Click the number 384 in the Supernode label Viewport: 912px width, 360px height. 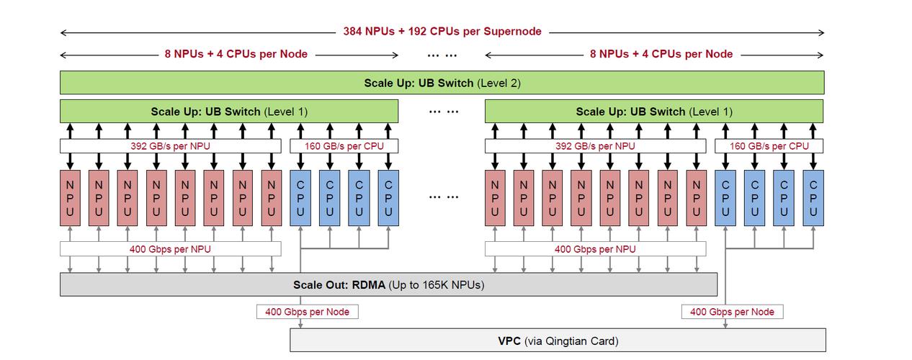click(353, 32)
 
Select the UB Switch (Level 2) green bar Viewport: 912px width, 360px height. click(442, 83)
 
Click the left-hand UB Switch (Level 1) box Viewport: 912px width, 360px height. click(228, 112)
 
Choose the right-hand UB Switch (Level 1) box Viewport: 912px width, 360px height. click(653, 112)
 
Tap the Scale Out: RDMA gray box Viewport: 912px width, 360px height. click(388, 284)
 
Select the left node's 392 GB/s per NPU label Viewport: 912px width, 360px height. click(170, 145)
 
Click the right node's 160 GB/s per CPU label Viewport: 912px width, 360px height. click(769, 145)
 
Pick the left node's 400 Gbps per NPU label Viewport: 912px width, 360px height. click(170, 249)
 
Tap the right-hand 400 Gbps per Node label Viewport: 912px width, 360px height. click(732, 312)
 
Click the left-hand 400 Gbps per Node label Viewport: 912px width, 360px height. click(307, 312)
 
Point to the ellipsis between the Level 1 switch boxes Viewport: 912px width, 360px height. click(442, 112)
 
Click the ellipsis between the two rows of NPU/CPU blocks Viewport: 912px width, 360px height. click(442, 197)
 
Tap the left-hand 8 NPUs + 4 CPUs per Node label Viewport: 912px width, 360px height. click(236, 54)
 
